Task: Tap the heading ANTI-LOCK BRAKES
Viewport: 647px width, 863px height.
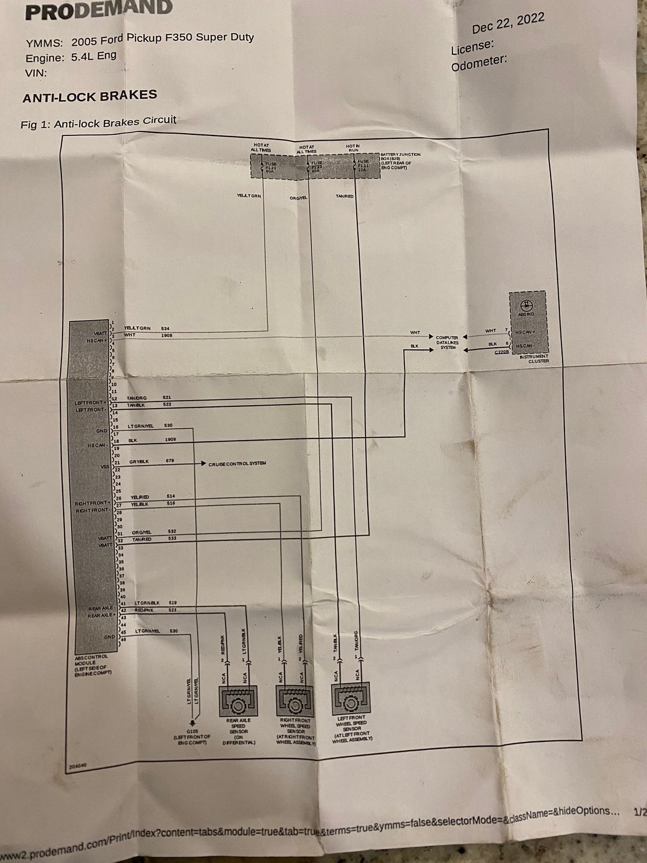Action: coord(89,96)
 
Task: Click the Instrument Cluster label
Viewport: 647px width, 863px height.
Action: coord(534,359)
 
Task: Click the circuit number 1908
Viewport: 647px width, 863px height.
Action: coord(167,335)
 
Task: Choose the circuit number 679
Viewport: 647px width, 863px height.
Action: coord(170,461)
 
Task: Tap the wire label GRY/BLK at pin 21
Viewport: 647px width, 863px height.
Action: coord(140,461)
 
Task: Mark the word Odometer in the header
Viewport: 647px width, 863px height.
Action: coord(478,62)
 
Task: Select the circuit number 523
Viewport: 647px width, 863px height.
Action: coord(173,611)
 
